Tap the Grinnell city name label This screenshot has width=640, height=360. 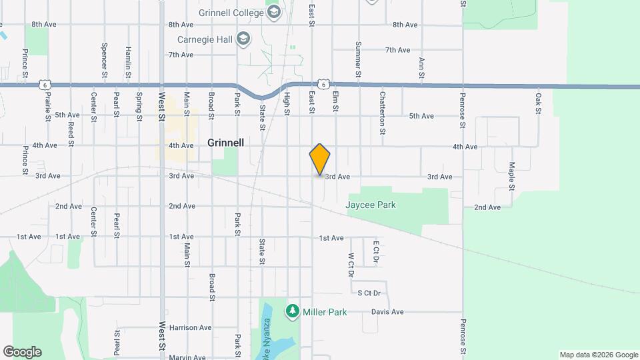pos(225,143)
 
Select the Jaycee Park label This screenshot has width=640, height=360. pos(370,205)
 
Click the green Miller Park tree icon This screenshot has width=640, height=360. pos(292,311)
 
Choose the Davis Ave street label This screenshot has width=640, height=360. pos(387,311)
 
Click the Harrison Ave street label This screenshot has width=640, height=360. pos(190,327)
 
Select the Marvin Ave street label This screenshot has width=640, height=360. pos(187,357)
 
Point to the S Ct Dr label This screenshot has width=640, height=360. pos(369,293)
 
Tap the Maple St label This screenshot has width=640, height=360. pos(512,176)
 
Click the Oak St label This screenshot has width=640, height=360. pos(537,103)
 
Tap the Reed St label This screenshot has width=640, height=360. pos(71,133)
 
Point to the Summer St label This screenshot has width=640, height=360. pos(358,63)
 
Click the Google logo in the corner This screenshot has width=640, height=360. pos(22,352)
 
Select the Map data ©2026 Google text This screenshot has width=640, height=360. pos(599,355)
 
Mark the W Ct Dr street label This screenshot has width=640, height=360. pos(351,264)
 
